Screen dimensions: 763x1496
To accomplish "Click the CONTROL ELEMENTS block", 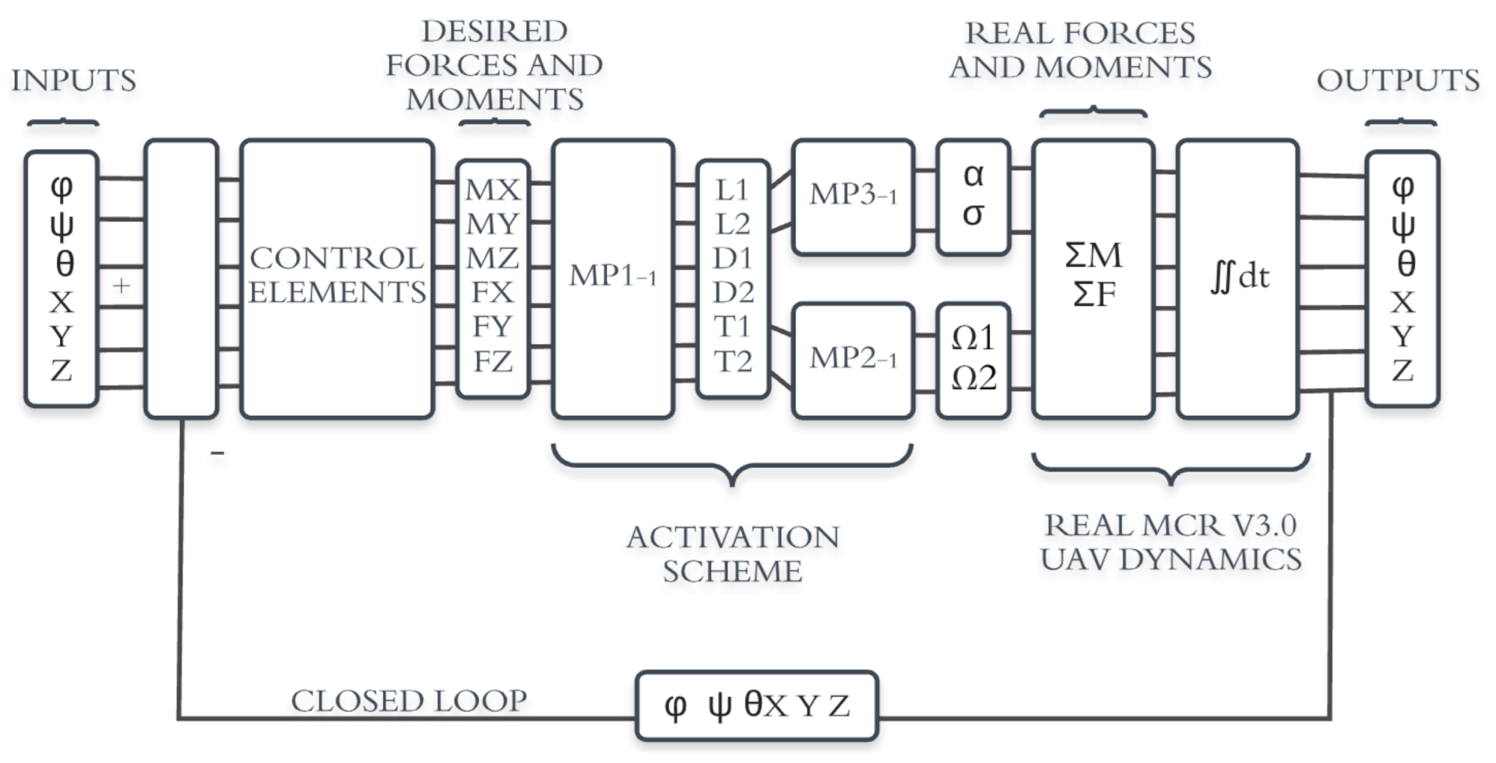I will coord(337,278).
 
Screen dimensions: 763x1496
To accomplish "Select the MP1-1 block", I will coord(612,278).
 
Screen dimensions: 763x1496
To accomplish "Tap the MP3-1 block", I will coord(853,197).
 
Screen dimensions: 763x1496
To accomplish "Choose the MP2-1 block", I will coord(853,360).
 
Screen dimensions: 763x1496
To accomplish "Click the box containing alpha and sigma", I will coord(973,197).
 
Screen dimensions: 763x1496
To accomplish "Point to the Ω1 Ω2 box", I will coord(973,360).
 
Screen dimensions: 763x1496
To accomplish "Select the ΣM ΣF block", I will coord(1093,278).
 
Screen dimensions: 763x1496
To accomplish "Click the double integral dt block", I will coord(1237,278).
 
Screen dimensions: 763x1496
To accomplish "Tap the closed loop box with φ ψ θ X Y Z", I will coord(757,705).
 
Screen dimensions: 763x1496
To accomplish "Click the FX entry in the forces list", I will coord(493,292).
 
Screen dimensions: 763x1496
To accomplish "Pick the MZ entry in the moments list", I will coord(493,259).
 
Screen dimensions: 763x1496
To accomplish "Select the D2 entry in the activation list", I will coord(733,292).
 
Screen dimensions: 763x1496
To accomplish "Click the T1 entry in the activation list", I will coord(733,327).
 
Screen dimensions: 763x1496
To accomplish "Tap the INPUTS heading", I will coord(74,81).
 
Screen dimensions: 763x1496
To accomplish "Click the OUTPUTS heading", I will coord(1398,81).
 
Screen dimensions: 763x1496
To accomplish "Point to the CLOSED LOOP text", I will coord(409,702).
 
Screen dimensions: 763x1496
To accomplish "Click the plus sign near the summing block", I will coord(121,286).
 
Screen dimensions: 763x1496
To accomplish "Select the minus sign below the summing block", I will coord(218,453).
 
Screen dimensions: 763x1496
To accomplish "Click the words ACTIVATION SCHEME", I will coord(733,554).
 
